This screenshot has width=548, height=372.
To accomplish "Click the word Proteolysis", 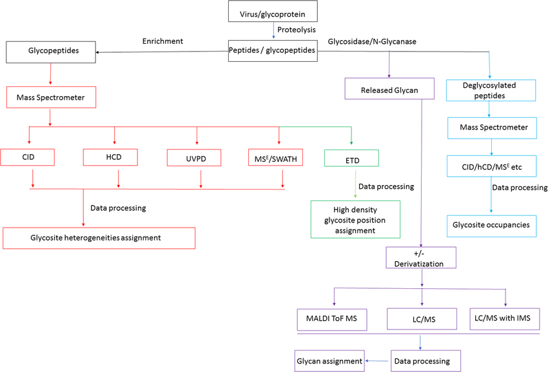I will tap(297, 30).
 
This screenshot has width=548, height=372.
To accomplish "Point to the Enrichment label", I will tap(162, 41).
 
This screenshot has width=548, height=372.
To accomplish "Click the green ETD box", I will tap(352, 158).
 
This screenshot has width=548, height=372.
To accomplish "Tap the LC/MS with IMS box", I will tap(505, 318).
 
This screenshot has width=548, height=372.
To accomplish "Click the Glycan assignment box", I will tap(329, 361).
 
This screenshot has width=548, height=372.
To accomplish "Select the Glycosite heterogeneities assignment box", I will tap(99, 238).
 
